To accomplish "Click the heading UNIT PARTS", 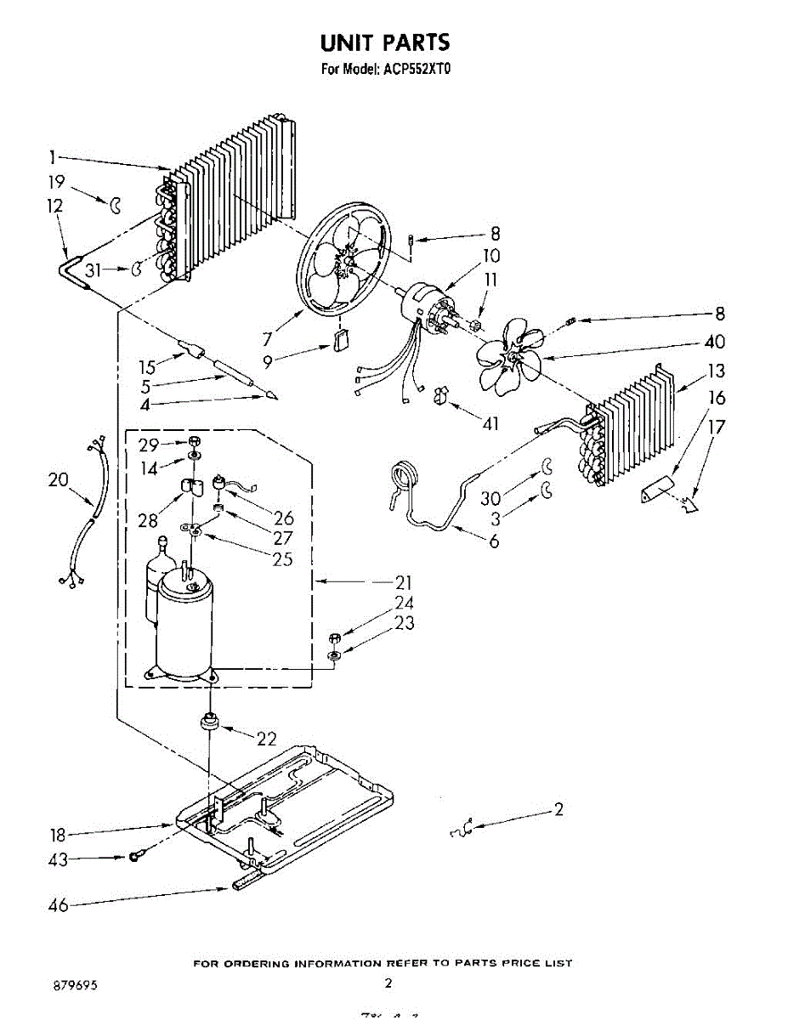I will click(384, 42).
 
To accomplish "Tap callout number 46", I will click(58, 905).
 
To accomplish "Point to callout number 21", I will click(403, 582).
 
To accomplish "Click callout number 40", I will click(715, 342).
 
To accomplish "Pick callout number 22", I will click(266, 739).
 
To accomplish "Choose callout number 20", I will click(58, 480).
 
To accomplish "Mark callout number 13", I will click(716, 371).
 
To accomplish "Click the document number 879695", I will click(74, 985).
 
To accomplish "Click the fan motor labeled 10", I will click(425, 306).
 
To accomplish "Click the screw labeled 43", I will click(134, 857).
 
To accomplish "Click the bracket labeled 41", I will click(441, 395).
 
